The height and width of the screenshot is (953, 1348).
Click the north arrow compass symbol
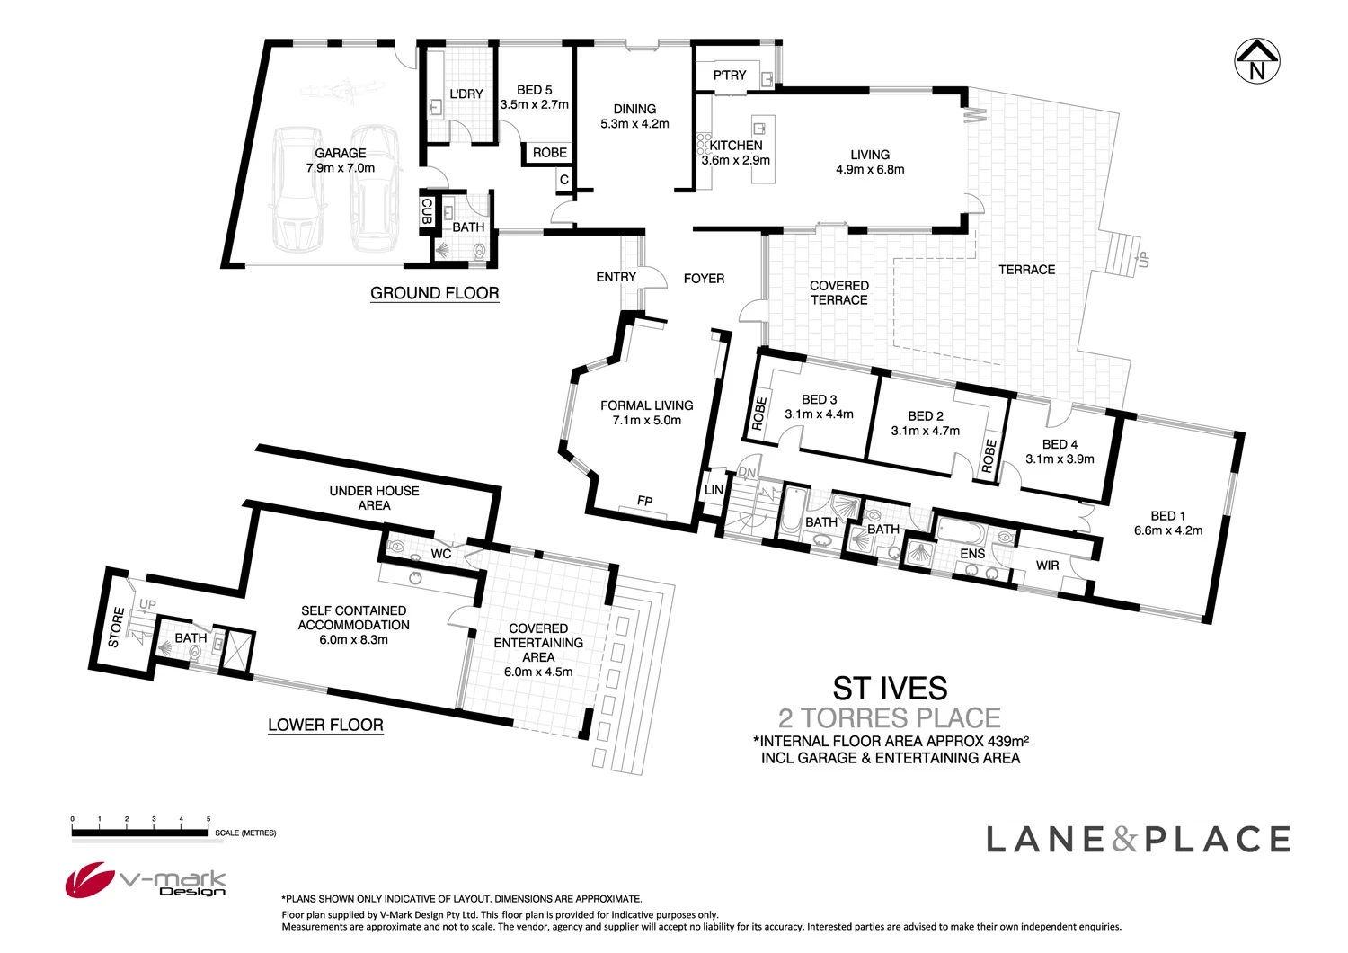(1256, 61)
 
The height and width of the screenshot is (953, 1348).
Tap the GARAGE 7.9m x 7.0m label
(340, 161)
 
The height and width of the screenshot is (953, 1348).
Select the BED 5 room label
(535, 90)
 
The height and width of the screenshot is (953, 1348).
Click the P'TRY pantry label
(729, 76)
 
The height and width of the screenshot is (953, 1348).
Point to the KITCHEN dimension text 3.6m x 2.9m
(736, 161)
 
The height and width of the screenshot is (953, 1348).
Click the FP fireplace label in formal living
(644, 501)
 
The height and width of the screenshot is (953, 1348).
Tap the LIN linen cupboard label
(714, 491)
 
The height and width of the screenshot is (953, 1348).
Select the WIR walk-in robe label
(1047, 566)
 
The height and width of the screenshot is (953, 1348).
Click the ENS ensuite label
(972, 554)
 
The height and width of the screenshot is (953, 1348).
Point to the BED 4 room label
(1060, 444)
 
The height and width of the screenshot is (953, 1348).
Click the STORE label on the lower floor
(115, 627)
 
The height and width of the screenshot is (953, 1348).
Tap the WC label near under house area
(440, 554)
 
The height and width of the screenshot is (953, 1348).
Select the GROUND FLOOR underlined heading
(434, 293)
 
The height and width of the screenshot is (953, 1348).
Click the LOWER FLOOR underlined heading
(325, 725)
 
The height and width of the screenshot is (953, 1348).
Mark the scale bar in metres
(140, 833)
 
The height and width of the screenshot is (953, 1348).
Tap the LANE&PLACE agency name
(1138, 840)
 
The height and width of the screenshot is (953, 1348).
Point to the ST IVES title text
(890, 689)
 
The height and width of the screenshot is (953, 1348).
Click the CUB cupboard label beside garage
(427, 211)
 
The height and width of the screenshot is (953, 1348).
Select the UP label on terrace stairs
(1143, 260)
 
